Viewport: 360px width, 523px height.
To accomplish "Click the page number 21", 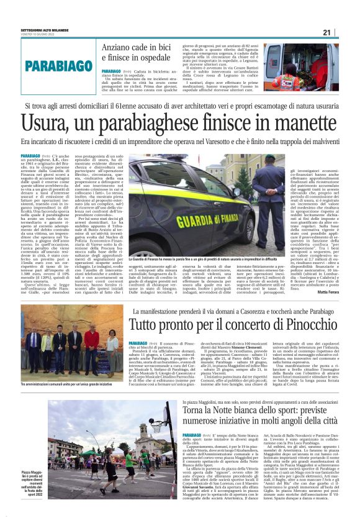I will point(344,32).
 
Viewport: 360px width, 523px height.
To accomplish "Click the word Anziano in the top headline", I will point(117,48).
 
